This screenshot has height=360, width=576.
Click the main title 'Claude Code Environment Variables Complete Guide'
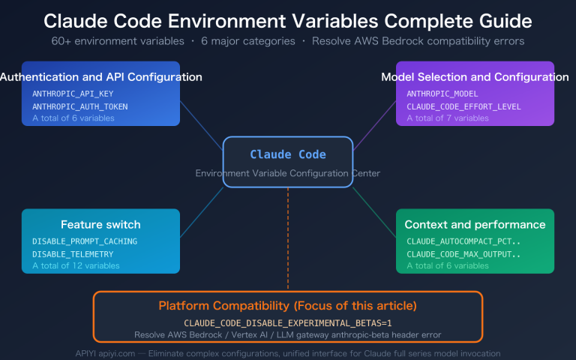coord(288,19)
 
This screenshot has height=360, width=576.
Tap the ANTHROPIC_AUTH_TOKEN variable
coord(80,106)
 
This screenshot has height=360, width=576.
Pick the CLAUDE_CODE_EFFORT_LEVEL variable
coord(466,106)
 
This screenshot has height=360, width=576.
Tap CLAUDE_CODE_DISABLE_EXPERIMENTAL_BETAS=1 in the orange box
coord(288,322)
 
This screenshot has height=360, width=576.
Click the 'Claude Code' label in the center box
coord(288,154)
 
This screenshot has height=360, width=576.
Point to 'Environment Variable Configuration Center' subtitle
coord(288,173)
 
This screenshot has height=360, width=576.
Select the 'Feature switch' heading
coord(100,224)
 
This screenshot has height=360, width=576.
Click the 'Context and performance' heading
coord(475,224)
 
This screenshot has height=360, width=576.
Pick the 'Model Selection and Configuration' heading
coord(475,76)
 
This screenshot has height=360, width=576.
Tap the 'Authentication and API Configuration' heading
coord(100,76)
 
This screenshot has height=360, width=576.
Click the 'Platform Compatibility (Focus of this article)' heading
coord(288,306)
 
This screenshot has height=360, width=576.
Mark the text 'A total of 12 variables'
coord(76,265)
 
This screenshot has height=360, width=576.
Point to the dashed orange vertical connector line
coord(288,240)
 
